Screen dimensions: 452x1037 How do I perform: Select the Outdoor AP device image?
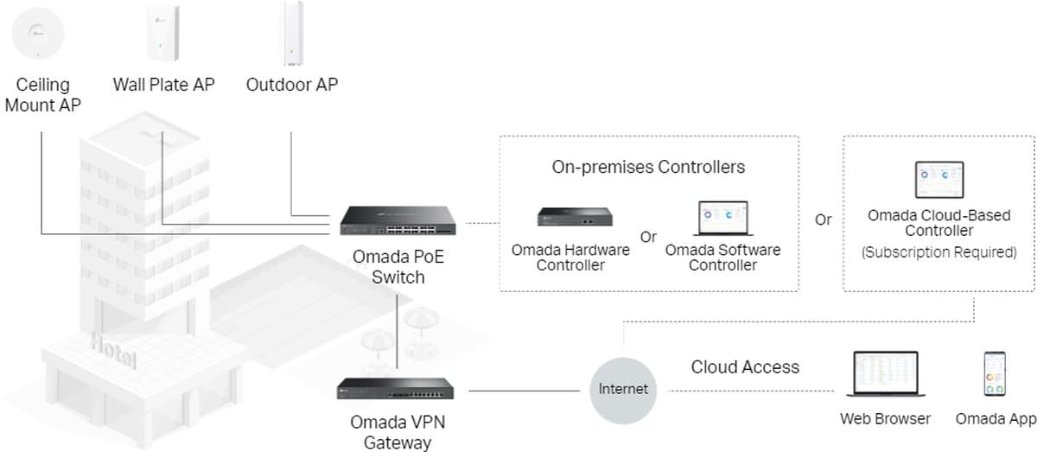tap(292, 33)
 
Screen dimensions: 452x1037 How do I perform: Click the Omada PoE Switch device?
tap(398, 222)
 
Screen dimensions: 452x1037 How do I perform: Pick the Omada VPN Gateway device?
tap(397, 389)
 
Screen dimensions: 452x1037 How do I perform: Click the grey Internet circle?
tap(622, 389)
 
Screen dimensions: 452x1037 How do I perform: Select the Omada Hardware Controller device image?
tap(570, 216)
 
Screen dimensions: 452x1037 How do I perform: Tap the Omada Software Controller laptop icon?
tap(722, 219)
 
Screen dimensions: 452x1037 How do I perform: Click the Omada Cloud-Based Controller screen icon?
tap(938, 179)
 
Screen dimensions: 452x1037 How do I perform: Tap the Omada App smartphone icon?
tap(995, 374)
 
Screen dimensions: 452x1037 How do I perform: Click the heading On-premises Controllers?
tap(648, 167)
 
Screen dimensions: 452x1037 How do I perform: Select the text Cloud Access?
tap(745, 366)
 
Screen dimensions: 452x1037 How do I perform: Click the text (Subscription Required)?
tap(938, 252)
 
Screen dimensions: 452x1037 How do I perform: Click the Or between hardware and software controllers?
tap(647, 237)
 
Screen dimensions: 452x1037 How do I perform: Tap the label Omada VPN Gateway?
tap(397, 432)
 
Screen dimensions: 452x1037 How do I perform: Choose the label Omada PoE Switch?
tap(398, 267)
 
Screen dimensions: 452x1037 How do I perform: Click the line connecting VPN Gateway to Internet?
tap(523, 391)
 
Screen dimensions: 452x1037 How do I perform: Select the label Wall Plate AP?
tap(163, 85)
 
